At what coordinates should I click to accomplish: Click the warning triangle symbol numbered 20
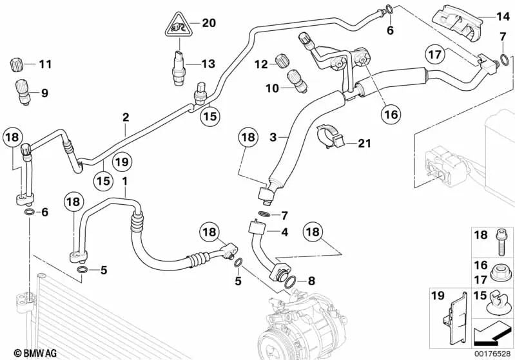click(x=177, y=26)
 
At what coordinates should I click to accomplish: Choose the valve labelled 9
click(x=24, y=91)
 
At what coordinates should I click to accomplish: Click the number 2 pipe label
click(x=126, y=118)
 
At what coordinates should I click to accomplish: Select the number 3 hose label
click(x=273, y=138)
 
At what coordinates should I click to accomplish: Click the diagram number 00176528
click(x=492, y=353)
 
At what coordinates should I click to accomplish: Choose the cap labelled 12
click(x=280, y=62)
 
